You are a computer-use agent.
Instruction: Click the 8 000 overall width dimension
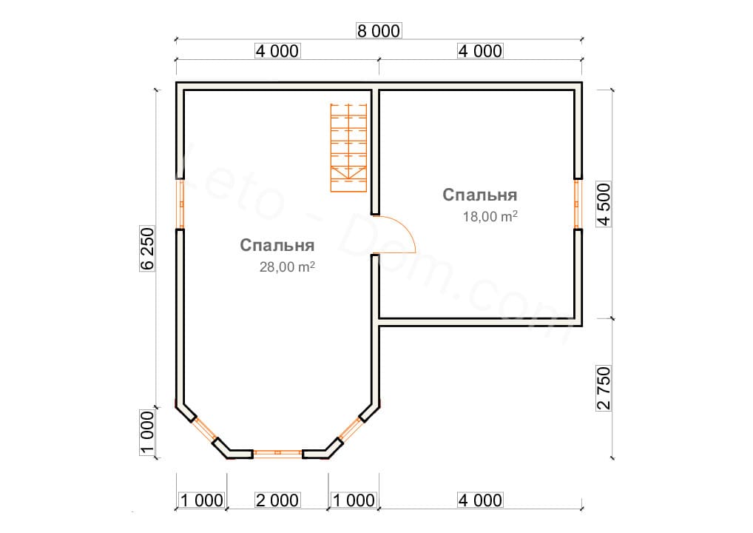[378, 31]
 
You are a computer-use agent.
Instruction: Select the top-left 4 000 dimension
[277, 51]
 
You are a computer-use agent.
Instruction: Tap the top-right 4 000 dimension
[480, 51]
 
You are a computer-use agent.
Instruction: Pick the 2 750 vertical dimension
[605, 389]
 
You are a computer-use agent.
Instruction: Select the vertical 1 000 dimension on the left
[147, 433]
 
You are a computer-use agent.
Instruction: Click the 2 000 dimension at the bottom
[277, 500]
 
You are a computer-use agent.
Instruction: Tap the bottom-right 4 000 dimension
[480, 500]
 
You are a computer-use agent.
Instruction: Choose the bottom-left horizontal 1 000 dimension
[201, 500]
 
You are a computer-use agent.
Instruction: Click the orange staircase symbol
[348, 147]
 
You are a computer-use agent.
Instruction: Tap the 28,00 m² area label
[287, 268]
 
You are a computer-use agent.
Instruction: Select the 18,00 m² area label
[489, 217]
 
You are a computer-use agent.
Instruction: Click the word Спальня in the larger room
[277, 246]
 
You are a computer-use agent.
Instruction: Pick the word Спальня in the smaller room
[479, 195]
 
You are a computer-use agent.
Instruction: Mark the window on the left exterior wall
[180, 204]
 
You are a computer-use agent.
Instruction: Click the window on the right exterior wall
[578, 204]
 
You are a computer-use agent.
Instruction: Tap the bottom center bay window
[277, 451]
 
